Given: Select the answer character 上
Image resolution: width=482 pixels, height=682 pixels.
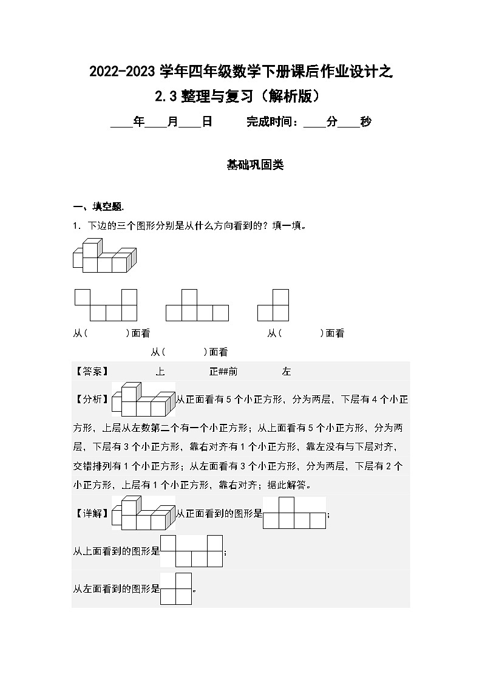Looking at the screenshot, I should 160,372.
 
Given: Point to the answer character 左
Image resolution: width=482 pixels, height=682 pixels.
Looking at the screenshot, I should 287,372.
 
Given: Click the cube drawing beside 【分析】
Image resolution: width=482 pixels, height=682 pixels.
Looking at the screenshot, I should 144,399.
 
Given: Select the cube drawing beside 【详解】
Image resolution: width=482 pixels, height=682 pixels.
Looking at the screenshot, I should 144,513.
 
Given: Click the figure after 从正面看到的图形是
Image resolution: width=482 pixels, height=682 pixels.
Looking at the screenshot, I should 294,513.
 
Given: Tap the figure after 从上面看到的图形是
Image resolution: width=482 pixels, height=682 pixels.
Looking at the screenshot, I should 192,551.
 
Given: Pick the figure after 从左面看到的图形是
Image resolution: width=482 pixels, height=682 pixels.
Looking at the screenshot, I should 176,588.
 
